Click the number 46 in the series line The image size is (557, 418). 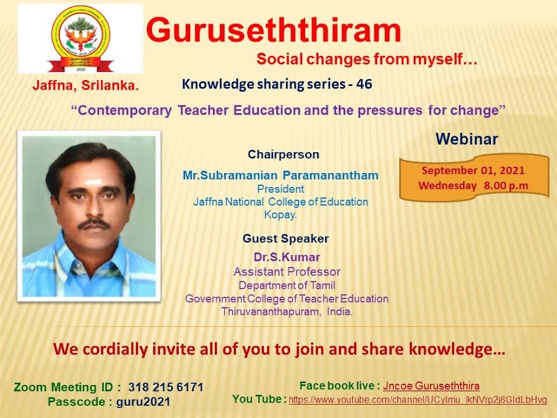(x=364, y=84)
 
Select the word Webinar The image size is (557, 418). (x=467, y=139)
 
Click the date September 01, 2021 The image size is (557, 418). (x=473, y=171)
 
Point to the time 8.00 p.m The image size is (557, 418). (x=506, y=186)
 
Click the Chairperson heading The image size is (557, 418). (x=284, y=154)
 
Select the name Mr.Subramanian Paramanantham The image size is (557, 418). (x=280, y=175)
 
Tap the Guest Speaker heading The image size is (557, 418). (x=285, y=238)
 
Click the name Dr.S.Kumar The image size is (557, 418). (x=287, y=256)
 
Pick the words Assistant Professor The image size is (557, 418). (x=287, y=272)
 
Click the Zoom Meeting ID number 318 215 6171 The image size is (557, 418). (x=166, y=387)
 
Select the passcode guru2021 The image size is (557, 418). (x=143, y=401)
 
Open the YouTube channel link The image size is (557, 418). (x=418, y=400)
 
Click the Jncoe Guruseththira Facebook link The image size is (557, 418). (x=431, y=386)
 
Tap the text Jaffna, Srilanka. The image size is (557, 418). (x=86, y=85)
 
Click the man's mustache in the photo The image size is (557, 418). (x=93, y=225)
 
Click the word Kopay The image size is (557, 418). (x=280, y=214)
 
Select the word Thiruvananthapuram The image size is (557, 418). (x=270, y=312)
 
